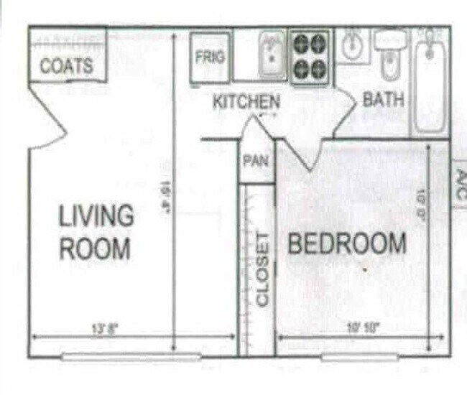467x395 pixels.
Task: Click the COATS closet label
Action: (67, 66)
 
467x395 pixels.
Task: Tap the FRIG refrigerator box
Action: (210, 57)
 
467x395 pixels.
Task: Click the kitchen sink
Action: (272, 56)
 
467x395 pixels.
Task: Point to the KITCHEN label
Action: (246, 102)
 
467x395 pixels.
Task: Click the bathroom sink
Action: (352, 46)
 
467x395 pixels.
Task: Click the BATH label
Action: (383, 99)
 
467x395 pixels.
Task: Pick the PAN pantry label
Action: (256, 160)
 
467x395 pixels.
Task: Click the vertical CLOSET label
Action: (262, 269)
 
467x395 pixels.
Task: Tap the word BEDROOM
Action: (347, 244)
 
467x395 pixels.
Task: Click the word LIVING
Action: (96, 215)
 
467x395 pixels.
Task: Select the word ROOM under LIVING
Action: (95, 248)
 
